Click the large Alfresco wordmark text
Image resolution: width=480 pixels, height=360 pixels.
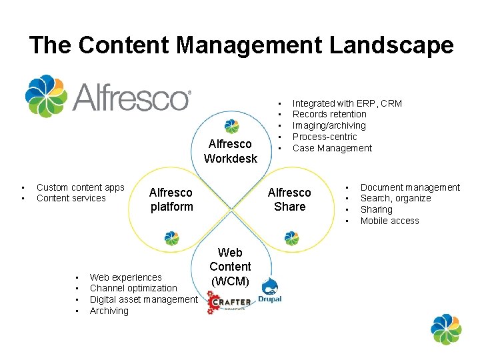(131, 97)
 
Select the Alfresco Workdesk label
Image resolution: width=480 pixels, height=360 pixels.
(231, 151)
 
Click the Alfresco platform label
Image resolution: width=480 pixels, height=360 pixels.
(171, 199)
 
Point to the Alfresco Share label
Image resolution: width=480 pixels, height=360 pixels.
(289, 199)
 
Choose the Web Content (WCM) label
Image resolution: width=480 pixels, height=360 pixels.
(231, 267)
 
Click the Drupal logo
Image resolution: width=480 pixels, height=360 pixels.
(270, 291)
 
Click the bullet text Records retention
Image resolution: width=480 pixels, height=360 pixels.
(329, 114)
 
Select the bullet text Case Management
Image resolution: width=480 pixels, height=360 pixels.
(332, 148)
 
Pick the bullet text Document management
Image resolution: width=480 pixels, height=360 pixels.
(410, 187)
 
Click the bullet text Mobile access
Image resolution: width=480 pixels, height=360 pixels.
(389, 221)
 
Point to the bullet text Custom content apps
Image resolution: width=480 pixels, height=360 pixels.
(80, 187)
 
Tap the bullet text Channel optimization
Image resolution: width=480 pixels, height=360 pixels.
(133, 288)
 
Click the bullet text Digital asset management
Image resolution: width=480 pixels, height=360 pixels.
(143, 299)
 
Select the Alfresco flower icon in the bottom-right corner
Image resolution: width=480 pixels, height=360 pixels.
(446, 329)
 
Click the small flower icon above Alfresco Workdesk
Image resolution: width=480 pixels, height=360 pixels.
(231, 126)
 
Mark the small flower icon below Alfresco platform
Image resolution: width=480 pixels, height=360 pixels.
(171, 238)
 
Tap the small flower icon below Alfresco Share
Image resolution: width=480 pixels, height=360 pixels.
(291, 238)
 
